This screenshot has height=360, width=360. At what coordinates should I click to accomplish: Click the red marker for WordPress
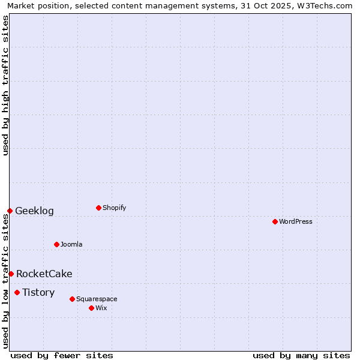pyautogui.click(x=275, y=221)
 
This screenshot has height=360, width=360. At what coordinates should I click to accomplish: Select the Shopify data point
pyautogui.click(x=98, y=208)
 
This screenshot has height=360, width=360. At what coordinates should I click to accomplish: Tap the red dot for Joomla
pyautogui.click(x=56, y=244)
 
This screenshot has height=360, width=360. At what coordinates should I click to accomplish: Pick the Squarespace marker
pyautogui.click(x=72, y=299)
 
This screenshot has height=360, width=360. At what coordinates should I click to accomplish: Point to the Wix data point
pyautogui.click(x=91, y=308)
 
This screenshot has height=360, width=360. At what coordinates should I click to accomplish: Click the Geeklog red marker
pyautogui.click(x=10, y=211)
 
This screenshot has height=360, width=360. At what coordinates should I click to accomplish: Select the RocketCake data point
pyautogui.click(x=11, y=274)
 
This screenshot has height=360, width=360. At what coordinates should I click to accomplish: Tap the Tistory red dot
pyautogui.click(x=17, y=292)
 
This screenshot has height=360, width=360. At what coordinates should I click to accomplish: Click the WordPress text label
pyautogui.click(x=296, y=221)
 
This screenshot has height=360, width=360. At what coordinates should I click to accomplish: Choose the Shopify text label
pyautogui.click(x=115, y=208)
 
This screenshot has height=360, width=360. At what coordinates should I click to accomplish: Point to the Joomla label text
pyautogui.click(x=71, y=244)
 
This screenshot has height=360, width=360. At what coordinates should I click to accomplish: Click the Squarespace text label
pyautogui.click(x=97, y=299)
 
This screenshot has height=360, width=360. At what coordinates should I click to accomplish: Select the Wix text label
pyautogui.click(x=101, y=308)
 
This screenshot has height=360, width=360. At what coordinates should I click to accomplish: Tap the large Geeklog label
pyautogui.click(x=34, y=211)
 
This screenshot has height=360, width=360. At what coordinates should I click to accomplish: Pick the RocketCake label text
pyautogui.click(x=44, y=274)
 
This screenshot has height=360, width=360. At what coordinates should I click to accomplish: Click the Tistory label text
pyautogui.click(x=38, y=292)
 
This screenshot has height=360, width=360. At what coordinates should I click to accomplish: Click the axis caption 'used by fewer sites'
pyautogui.click(x=62, y=355)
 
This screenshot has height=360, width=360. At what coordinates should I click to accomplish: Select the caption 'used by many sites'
pyautogui.click(x=301, y=355)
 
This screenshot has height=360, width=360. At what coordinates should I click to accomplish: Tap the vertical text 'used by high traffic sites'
pyautogui.click(x=5, y=85)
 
